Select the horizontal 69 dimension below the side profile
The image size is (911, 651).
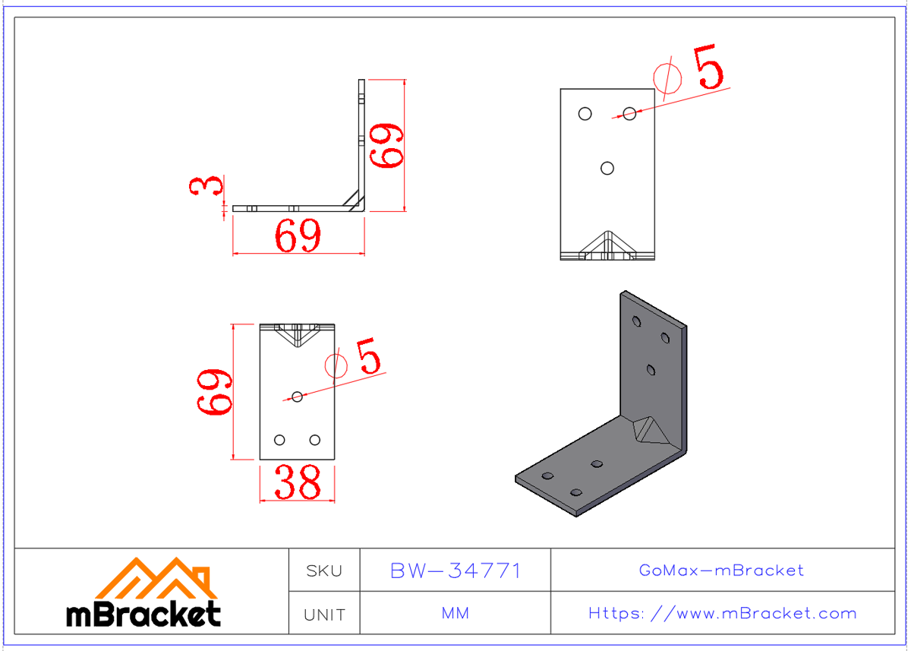(298, 237)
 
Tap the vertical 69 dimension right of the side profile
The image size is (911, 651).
(386, 145)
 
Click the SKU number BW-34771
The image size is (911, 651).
(455, 570)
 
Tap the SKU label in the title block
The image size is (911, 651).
(324, 570)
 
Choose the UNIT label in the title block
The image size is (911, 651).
(324, 615)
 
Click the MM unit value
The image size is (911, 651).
(455, 614)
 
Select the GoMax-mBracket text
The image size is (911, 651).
(721, 570)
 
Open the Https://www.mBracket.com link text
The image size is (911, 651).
(722, 614)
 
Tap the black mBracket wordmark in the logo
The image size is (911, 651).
(143, 615)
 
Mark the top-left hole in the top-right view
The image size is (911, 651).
(585, 114)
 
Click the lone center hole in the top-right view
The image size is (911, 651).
(607, 168)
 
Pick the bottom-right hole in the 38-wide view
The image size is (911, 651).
(315, 440)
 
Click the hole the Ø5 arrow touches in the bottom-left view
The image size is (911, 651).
(298, 397)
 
